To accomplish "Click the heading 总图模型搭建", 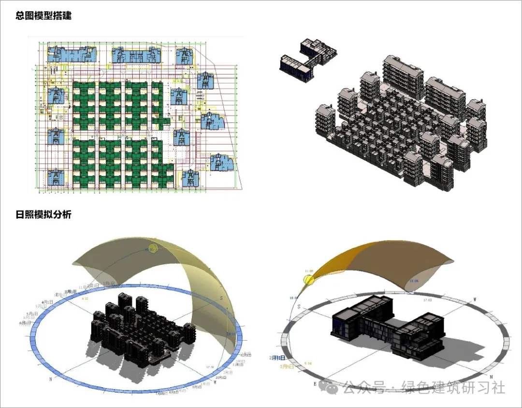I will click(x=43, y=15).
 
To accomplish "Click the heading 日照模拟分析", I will click(x=43, y=214).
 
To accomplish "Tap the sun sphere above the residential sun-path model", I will click(x=153, y=248).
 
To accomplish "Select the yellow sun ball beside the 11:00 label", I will click(x=308, y=279).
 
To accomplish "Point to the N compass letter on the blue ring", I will click(x=50, y=379).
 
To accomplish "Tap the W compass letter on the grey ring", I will click(x=475, y=300).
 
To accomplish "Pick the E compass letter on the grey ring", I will click(x=315, y=383).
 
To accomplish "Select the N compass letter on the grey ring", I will click(x=491, y=376).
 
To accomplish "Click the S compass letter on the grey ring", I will click(x=299, y=307).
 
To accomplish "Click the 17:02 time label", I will click(x=427, y=300).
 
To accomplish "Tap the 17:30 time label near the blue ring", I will click(x=211, y=367).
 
